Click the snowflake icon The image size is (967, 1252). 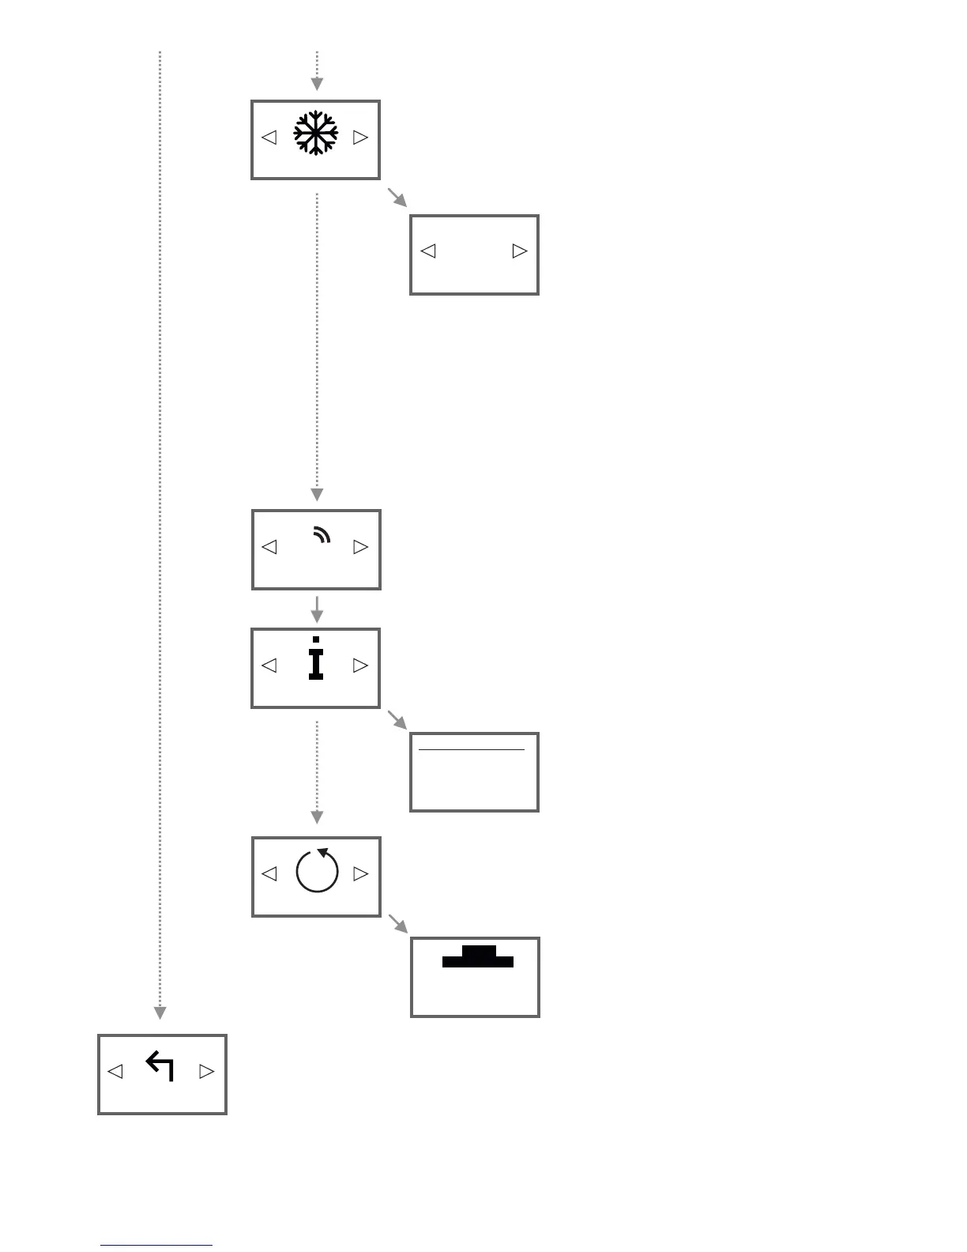[315, 133]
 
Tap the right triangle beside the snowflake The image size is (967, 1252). [360, 138]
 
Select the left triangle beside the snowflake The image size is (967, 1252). [269, 138]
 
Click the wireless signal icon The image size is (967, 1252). [321, 537]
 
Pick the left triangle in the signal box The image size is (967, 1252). [269, 547]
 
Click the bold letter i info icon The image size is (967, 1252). [316, 658]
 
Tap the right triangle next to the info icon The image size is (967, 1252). [360, 666]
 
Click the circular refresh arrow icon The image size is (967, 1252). [317, 871]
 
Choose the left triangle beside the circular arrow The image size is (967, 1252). [269, 874]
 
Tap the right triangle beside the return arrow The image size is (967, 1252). [206, 1072]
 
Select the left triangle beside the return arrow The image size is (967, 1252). [115, 1072]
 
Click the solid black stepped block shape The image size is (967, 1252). [478, 957]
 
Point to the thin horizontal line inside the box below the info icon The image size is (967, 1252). [472, 749]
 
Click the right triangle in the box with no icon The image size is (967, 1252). [519, 251]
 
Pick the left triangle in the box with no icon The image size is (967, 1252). [428, 251]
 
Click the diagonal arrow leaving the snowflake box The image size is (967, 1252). [396, 197]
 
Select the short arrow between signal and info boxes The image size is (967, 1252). [316, 609]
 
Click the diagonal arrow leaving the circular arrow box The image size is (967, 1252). [397, 924]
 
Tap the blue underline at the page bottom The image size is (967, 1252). [156, 1246]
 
